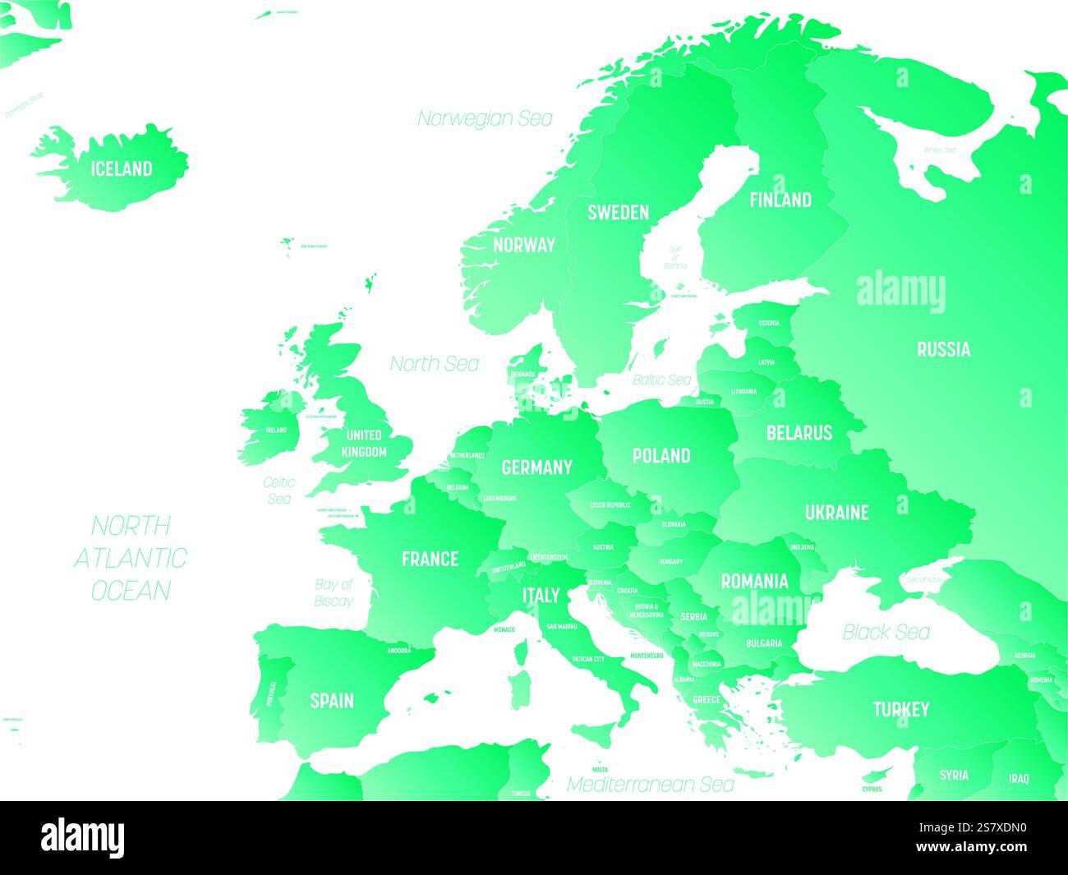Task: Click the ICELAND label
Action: tap(122, 169)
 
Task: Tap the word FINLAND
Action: tap(780, 200)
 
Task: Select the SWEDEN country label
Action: tap(618, 213)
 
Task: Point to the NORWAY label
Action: tap(524, 245)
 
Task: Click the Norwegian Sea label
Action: tap(485, 118)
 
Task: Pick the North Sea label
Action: tap(434, 363)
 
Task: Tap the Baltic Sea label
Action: tap(661, 380)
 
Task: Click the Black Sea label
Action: tap(886, 632)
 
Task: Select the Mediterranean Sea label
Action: tap(651, 785)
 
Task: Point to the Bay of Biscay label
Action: tap(334, 592)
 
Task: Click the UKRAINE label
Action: tap(836, 513)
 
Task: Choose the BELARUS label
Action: tap(799, 433)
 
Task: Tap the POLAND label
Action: tap(661, 456)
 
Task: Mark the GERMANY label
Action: tap(536, 467)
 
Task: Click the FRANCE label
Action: tap(430, 560)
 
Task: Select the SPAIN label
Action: tap(332, 701)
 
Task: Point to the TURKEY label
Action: tap(901, 709)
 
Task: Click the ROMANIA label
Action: tap(754, 582)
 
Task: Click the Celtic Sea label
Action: tap(279, 490)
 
